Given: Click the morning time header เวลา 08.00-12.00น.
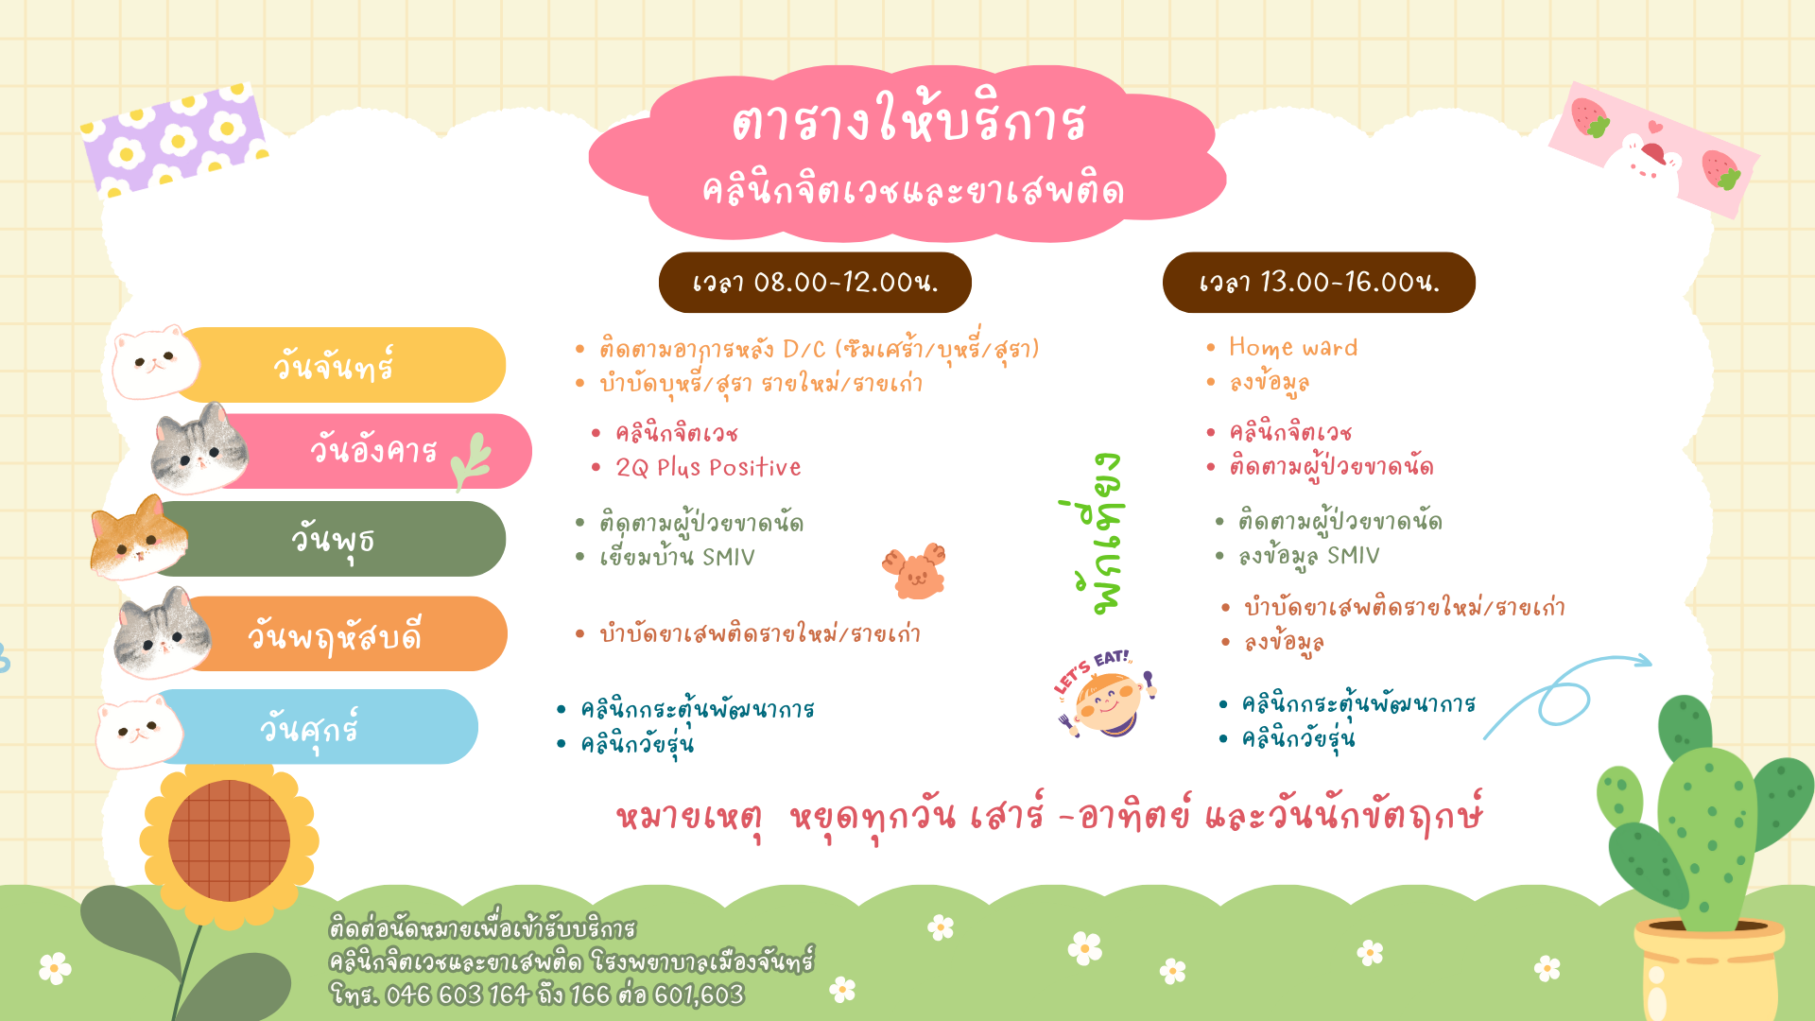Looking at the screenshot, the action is click(x=815, y=283).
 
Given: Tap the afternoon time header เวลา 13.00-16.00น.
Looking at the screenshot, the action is click(x=1319, y=283).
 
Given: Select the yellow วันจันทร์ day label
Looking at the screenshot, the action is click(x=333, y=365).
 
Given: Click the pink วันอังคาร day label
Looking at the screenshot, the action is click(x=373, y=450).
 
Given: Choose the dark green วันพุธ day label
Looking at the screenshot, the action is click(x=333, y=540).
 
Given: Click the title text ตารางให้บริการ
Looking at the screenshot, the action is click(x=908, y=121).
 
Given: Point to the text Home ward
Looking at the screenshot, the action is click(x=1293, y=347).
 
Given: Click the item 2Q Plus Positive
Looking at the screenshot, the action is click(x=708, y=467).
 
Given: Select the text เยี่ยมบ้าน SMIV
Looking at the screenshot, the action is click(x=677, y=556).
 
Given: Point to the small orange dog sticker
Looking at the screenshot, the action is click(x=914, y=571).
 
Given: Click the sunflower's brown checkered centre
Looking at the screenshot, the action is click(x=229, y=840).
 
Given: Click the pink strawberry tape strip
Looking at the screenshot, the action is click(x=1653, y=149).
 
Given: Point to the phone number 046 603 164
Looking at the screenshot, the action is click(x=458, y=995).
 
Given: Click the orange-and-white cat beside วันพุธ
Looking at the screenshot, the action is click(x=139, y=537).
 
